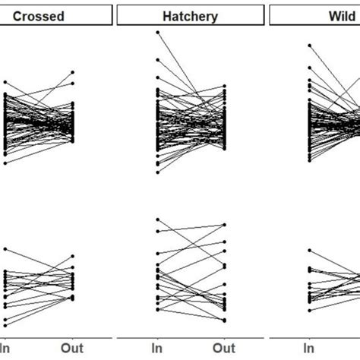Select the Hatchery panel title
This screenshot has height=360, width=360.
pyautogui.click(x=190, y=16)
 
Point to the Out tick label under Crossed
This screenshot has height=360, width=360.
pyautogui.click(x=72, y=349)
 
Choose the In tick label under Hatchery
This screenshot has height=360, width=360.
pyautogui.click(x=157, y=349)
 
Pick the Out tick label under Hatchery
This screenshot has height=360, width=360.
pyautogui.click(x=224, y=349)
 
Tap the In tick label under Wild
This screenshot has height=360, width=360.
pyautogui.click(x=310, y=349)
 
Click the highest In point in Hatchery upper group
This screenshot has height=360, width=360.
pyautogui.click(x=157, y=33)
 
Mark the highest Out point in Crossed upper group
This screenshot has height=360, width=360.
pyautogui.click(x=73, y=72)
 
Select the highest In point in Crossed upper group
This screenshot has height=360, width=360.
pyautogui.click(x=5, y=82)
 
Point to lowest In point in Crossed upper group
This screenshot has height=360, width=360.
pyautogui.click(x=5, y=163)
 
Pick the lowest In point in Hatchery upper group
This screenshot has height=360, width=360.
pyautogui.click(x=157, y=172)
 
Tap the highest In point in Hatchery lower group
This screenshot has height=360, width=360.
pyautogui.click(x=157, y=219)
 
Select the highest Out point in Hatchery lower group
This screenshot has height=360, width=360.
pyautogui.click(x=225, y=225)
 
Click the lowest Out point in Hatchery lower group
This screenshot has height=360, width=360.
pyautogui.click(x=225, y=321)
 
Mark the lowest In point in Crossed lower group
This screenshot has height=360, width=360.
pyautogui.click(x=5, y=326)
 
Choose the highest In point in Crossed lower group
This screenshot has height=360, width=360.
pyautogui.click(x=5, y=249)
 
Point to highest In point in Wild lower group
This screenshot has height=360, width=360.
pyautogui.click(x=310, y=250)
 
